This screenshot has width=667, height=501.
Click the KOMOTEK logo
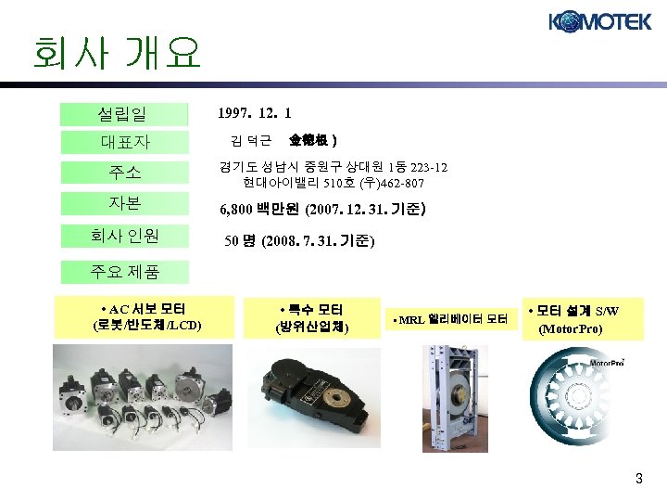click(x=599, y=22)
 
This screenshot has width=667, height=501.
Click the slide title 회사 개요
click(x=116, y=55)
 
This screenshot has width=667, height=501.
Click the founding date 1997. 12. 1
click(x=255, y=114)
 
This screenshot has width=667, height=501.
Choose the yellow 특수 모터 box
click(x=311, y=317)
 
